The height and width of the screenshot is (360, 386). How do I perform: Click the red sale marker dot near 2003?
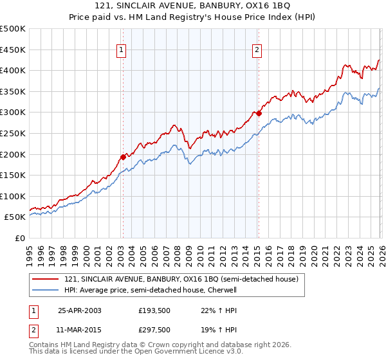point(123,156)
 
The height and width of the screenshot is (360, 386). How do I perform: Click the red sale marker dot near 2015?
point(258,113)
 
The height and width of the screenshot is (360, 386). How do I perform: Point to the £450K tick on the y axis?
point(14,50)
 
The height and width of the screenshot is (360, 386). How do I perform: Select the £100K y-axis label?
point(14,196)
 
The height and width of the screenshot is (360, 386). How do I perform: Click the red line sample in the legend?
point(46,280)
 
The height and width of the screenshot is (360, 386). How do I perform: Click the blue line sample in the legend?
point(46,291)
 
